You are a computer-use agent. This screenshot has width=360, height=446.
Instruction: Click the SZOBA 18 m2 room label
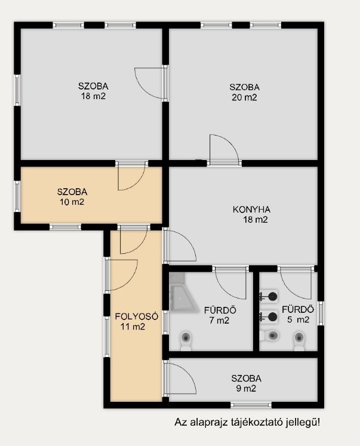93,91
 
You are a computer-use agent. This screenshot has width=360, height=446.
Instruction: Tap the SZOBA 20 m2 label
245,92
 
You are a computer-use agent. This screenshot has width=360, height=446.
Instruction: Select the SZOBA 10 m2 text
72,197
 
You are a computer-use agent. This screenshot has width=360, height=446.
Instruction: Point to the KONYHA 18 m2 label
252,214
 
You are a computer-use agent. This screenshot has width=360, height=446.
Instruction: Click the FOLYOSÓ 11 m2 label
137,321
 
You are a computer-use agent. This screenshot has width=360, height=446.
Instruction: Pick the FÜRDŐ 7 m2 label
220,315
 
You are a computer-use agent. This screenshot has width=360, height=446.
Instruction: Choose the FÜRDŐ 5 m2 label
298,315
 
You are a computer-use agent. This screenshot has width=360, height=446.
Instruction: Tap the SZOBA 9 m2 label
246,383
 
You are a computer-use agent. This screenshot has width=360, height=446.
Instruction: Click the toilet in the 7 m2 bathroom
186,341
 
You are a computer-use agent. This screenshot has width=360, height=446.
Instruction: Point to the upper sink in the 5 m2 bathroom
269,297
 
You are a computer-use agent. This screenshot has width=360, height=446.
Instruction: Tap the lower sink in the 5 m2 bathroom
269,316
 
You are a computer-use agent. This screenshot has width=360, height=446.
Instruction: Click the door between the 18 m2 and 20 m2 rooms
150,83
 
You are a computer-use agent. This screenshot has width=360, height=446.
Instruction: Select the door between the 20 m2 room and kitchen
224,149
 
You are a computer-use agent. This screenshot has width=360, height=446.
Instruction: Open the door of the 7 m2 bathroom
230,283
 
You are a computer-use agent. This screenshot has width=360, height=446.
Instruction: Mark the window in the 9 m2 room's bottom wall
251,405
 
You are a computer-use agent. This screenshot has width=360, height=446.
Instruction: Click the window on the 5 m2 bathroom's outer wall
321,313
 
